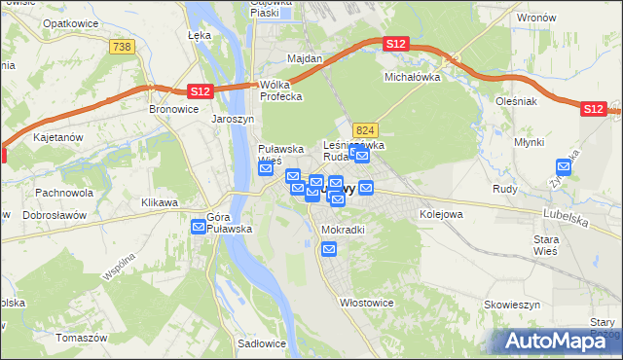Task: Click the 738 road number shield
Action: (122, 47)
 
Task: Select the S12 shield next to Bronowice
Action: (199, 90)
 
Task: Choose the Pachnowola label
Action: (63, 193)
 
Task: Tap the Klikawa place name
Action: (160, 202)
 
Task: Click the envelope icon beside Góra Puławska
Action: (199, 227)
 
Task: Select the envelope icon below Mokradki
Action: (329, 250)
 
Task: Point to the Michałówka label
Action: (413, 76)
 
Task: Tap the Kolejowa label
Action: (440, 212)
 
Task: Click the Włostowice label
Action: (366, 303)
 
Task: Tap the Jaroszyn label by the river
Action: (233, 120)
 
